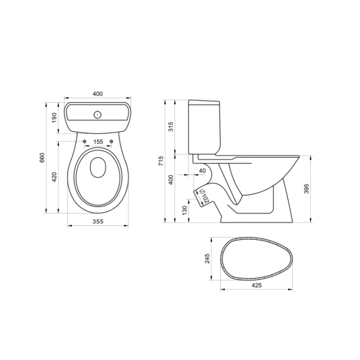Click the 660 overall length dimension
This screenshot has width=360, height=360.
pyautogui.click(x=42, y=157)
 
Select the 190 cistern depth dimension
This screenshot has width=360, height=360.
pyautogui.click(x=54, y=117)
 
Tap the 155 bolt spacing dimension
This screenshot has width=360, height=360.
pyautogui.click(x=98, y=141)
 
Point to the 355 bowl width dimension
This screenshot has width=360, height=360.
pyautogui.click(x=98, y=221)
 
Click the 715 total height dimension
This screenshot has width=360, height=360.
pyautogui.click(x=161, y=161)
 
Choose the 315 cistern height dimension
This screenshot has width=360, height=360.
pyautogui.click(x=171, y=126)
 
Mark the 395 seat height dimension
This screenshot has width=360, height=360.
pyautogui.click(x=306, y=188)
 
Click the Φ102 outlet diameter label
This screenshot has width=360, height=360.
pyautogui.click(x=204, y=196)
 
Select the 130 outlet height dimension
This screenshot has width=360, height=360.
pyautogui.click(x=184, y=210)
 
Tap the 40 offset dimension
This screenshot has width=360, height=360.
pyautogui.click(x=202, y=171)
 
